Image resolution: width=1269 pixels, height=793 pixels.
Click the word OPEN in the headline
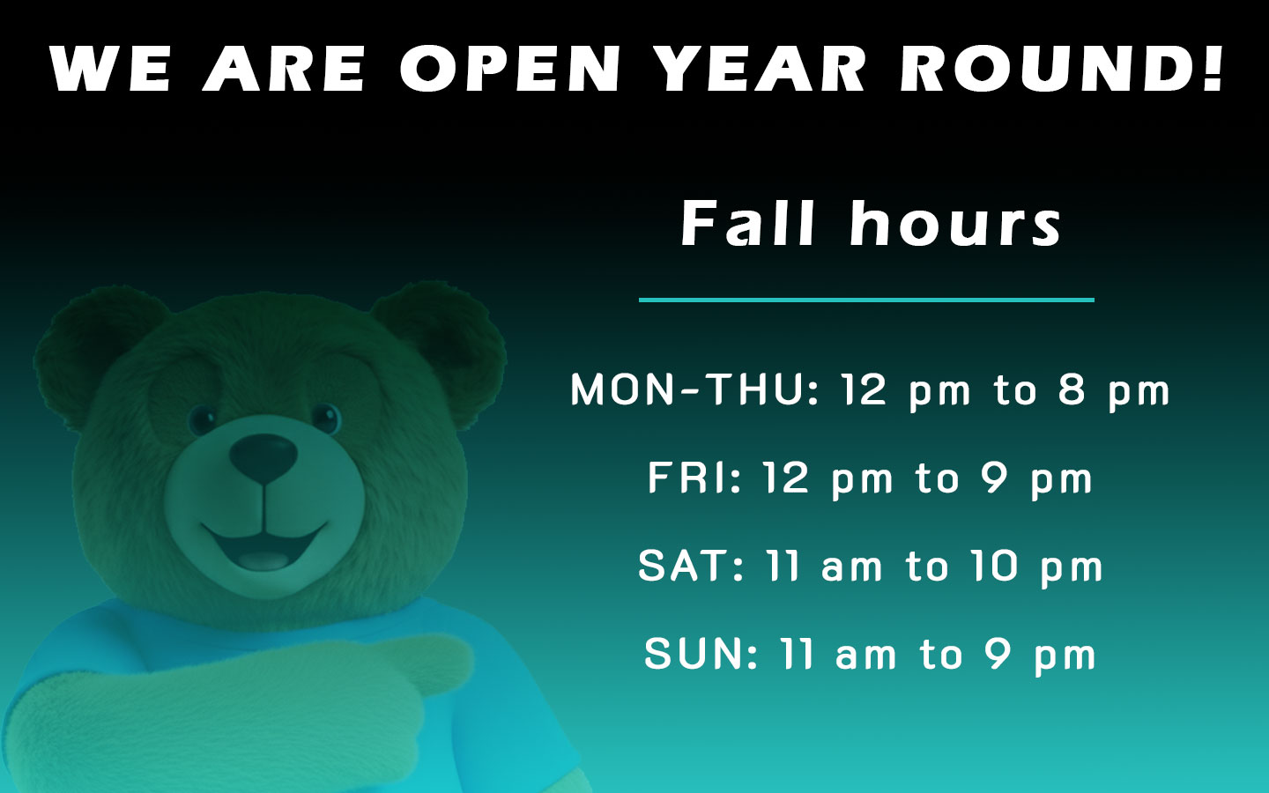pyautogui.click(x=510, y=69)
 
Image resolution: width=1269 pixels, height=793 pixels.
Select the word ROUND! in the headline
pyautogui.click(x=1062, y=69)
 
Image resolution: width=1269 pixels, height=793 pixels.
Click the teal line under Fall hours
pyautogui.click(x=866, y=300)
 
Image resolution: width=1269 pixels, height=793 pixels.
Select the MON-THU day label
pyautogui.click(x=695, y=389)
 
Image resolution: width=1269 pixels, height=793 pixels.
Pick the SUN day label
pyautogui.click(x=701, y=654)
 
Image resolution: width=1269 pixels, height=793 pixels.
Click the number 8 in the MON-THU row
pyautogui.click(x=1072, y=389)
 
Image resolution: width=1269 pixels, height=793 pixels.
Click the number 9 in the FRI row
pyautogui.click(x=996, y=478)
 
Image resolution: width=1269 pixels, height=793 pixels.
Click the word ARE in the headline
pyautogui.click(x=284, y=69)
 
